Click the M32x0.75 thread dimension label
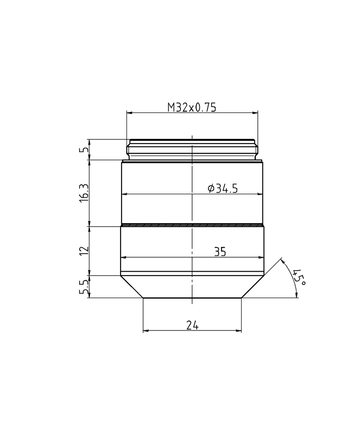[x=192, y=107]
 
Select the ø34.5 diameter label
[x=222, y=189]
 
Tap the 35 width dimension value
[x=220, y=252]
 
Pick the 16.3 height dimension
[x=84, y=193]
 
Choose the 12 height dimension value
[x=84, y=250]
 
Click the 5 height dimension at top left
[x=84, y=150]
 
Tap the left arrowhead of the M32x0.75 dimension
[x=129, y=113]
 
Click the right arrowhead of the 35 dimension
[x=261, y=258]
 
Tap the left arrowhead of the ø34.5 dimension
[x=124, y=194]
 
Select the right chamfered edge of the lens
[x=253, y=286]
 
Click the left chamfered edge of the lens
[x=131, y=286]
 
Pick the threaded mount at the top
[x=192, y=150]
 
